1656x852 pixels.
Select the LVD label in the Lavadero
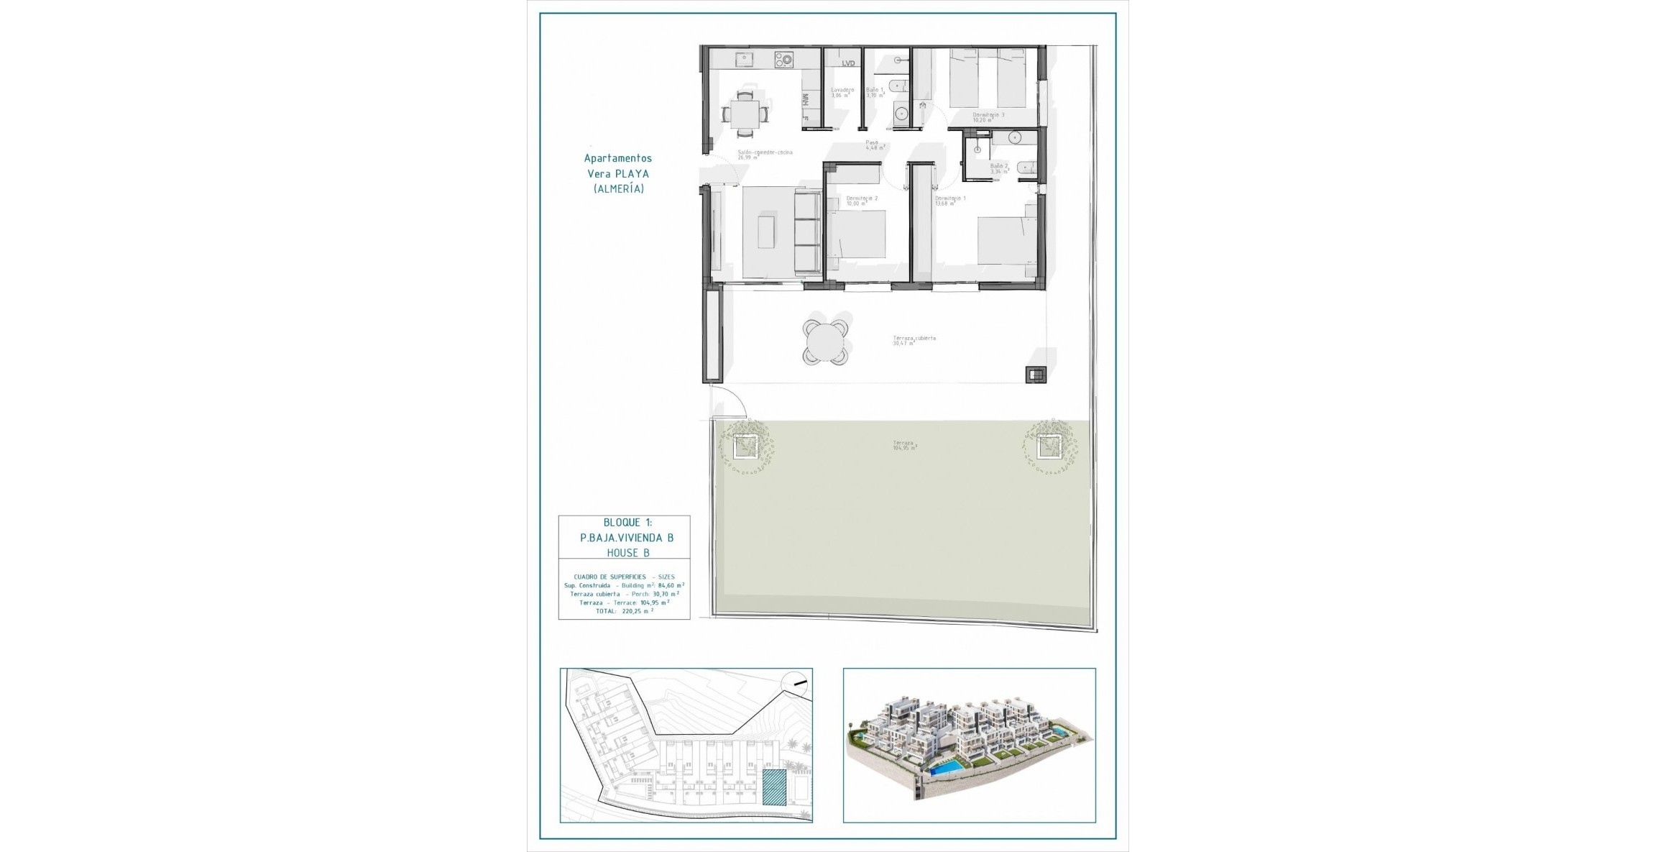(848, 63)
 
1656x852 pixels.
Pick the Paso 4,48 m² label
(873, 145)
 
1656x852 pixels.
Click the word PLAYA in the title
(632, 173)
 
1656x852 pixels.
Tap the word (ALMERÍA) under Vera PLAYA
(618, 189)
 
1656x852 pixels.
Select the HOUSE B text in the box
(627, 553)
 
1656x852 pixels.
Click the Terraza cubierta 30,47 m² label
(914, 341)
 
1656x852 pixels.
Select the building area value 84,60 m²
(671, 585)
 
